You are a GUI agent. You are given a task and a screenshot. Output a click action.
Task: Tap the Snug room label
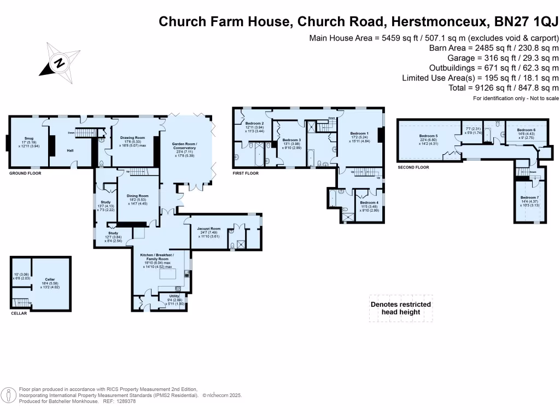coord(29,138)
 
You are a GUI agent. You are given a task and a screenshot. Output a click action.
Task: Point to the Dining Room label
coord(138,196)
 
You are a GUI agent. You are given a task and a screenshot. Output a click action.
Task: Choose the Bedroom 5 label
coord(429,136)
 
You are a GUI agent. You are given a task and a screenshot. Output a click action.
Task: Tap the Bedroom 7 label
coord(529,197)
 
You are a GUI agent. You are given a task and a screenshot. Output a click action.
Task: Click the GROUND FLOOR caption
coord(25,173)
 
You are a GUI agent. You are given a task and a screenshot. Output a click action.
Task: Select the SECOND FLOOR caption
coord(413,167)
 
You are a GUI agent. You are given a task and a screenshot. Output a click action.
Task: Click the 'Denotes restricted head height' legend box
coord(401,308)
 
